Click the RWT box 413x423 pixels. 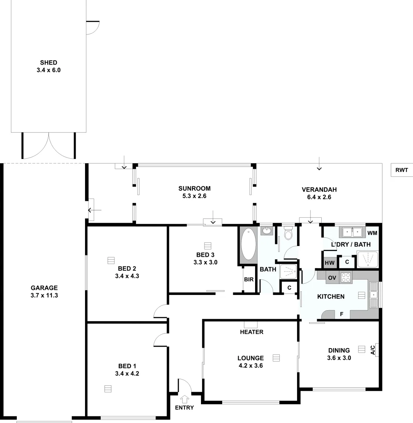click(402, 170)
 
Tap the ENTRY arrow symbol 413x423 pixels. click(185, 399)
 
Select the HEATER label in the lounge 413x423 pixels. click(252, 332)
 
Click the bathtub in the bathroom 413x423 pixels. click(248, 244)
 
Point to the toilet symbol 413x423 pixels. click(288, 233)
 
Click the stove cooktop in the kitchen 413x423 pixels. click(346, 277)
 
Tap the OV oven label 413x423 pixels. click(332, 278)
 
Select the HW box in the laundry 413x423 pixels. click(329, 262)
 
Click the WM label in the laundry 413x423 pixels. click(372, 233)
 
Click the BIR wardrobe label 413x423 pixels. click(248, 280)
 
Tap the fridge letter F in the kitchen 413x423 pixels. click(341, 314)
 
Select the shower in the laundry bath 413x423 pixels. click(367, 259)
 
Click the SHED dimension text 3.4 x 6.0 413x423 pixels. click(49, 70)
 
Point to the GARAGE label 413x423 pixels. click(44, 287)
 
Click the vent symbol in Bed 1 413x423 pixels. click(108, 389)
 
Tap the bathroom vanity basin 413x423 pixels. click(266, 231)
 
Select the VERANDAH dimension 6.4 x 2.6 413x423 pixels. click(319, 197)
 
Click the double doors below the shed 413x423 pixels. click(49, 146)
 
